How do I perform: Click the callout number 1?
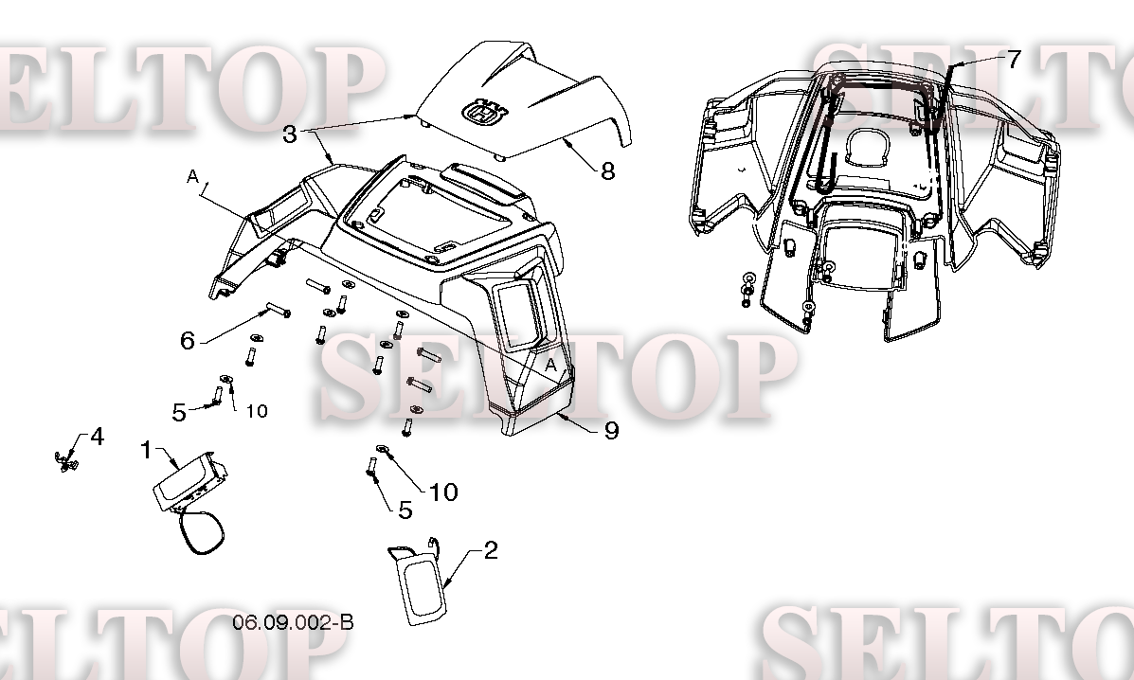(x=146, y=449)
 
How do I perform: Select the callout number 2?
(x=490, y=550)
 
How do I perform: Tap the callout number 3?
(x=290, y=134)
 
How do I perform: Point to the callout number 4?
(x=97, y=438)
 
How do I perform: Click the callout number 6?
(x=188, y=340)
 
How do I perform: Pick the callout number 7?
(x=1014, y=60)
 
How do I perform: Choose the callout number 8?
(x=607, y=170)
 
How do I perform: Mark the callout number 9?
(x=611, y=431)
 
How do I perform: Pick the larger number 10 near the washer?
(x=443, y=492)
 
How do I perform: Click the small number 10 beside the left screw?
(x=257, y=411)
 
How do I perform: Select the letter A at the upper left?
(x=192, y=176)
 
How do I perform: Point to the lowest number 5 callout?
(x=405, y=510)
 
